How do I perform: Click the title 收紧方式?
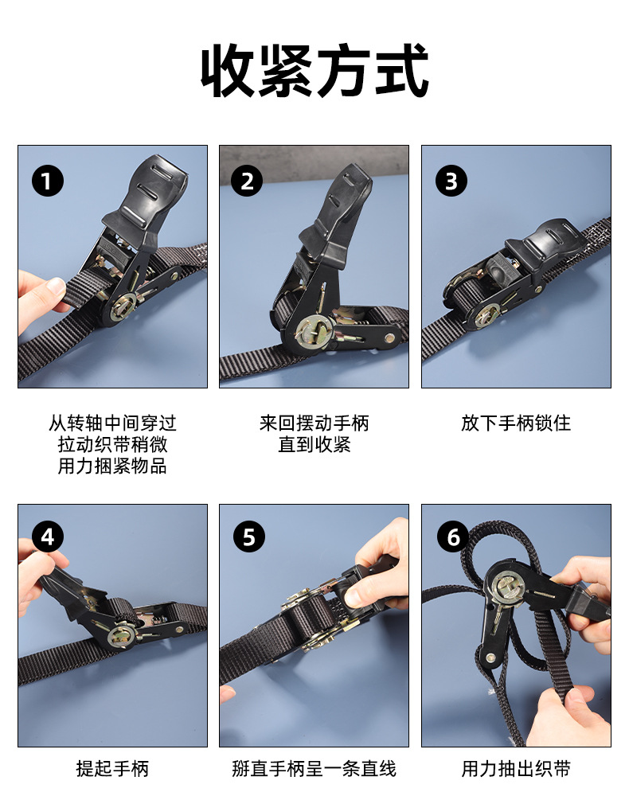(x=314, y=70)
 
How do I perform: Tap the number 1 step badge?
(x=47, y=181)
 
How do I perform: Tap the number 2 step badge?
(x=247, y=181)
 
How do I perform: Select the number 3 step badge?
(x=451, y=181)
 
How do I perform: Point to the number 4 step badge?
(x=47, y=537)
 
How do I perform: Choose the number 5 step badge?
(x=248, y=537)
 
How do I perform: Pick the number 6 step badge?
(x=453, y=537)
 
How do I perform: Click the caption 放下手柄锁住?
(x=516, y=423)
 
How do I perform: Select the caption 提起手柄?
(x=112, y=769)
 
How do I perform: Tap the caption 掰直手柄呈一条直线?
(x=314, y=769)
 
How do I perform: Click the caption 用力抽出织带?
(x=516, y=769)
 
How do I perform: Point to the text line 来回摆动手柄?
(x=314, y=423)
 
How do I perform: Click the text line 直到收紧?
(x=314, y=444)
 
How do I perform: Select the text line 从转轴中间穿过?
(x=112, y=423)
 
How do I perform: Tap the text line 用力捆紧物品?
(x=112, y=466)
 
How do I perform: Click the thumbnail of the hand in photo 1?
(x=55, y=286)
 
